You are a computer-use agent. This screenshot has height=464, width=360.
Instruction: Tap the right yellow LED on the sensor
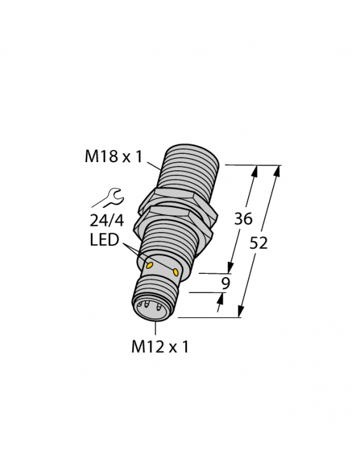[175, 272]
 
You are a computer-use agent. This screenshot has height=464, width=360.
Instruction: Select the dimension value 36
[243, 219]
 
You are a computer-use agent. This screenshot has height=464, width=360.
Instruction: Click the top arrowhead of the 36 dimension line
[256, 170]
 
